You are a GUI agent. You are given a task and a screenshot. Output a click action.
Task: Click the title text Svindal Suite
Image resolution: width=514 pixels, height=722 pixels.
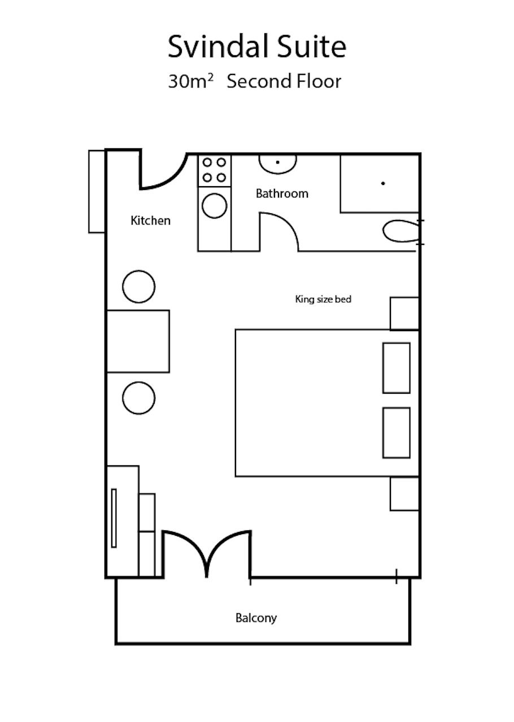257,47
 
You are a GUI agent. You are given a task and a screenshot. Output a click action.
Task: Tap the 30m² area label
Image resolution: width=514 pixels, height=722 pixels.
190,81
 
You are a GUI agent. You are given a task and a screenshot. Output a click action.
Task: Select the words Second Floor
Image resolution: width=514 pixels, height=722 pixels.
284,81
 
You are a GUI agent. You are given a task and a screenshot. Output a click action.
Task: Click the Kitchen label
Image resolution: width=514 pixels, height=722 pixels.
150,221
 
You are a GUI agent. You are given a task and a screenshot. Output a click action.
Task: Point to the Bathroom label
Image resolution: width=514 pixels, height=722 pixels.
282,193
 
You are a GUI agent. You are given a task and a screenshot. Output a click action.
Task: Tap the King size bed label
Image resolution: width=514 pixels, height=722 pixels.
323,300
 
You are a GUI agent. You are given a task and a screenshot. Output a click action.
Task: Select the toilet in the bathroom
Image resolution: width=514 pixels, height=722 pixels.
401,231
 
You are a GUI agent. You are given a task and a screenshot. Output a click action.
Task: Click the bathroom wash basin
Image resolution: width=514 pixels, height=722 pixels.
278,164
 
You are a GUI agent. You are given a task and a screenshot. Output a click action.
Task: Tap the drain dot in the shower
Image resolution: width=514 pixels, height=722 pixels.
383,183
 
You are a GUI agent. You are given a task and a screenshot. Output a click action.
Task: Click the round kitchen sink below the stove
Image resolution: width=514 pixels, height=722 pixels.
215,206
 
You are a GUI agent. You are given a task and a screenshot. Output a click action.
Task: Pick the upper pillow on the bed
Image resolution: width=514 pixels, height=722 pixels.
397,368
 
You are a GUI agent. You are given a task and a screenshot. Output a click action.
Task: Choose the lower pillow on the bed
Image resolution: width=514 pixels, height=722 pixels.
397,433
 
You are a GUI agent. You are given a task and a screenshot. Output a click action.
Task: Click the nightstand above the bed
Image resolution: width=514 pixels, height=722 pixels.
404,314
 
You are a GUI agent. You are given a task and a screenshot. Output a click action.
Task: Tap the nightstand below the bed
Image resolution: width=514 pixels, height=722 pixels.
404,494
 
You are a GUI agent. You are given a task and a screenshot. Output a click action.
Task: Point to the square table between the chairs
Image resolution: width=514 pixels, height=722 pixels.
138,341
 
